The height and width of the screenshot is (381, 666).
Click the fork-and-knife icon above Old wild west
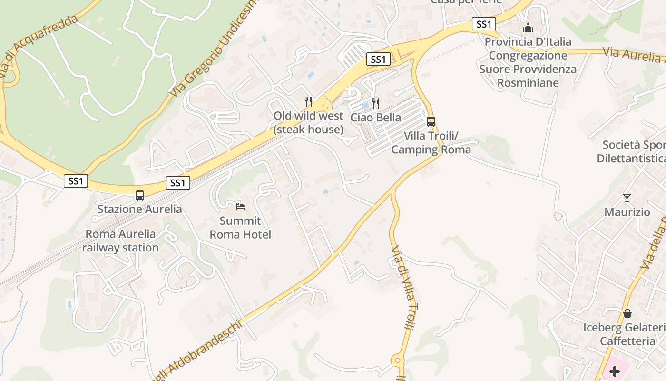coord(308,101)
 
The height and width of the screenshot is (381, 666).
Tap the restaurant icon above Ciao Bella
coord(376,103)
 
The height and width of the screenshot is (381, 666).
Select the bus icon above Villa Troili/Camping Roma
coord(431,121)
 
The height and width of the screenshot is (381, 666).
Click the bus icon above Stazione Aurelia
coord(140,195)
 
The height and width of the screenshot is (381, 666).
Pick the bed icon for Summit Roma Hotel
coord(240,206)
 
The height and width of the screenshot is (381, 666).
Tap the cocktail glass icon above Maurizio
coord(627,198)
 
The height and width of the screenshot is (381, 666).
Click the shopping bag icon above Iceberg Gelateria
coord(627,313)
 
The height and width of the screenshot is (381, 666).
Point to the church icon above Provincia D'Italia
coord(528,28)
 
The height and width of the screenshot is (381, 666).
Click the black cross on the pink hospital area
coord(615,371)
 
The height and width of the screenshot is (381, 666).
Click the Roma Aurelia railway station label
coord(120,241)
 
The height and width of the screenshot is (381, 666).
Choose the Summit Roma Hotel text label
coord(240,228)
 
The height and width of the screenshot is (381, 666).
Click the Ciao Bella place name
coord(375,117)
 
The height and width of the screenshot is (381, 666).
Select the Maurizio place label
coord(627,212)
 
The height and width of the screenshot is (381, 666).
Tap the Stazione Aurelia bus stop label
coord(140,209)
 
